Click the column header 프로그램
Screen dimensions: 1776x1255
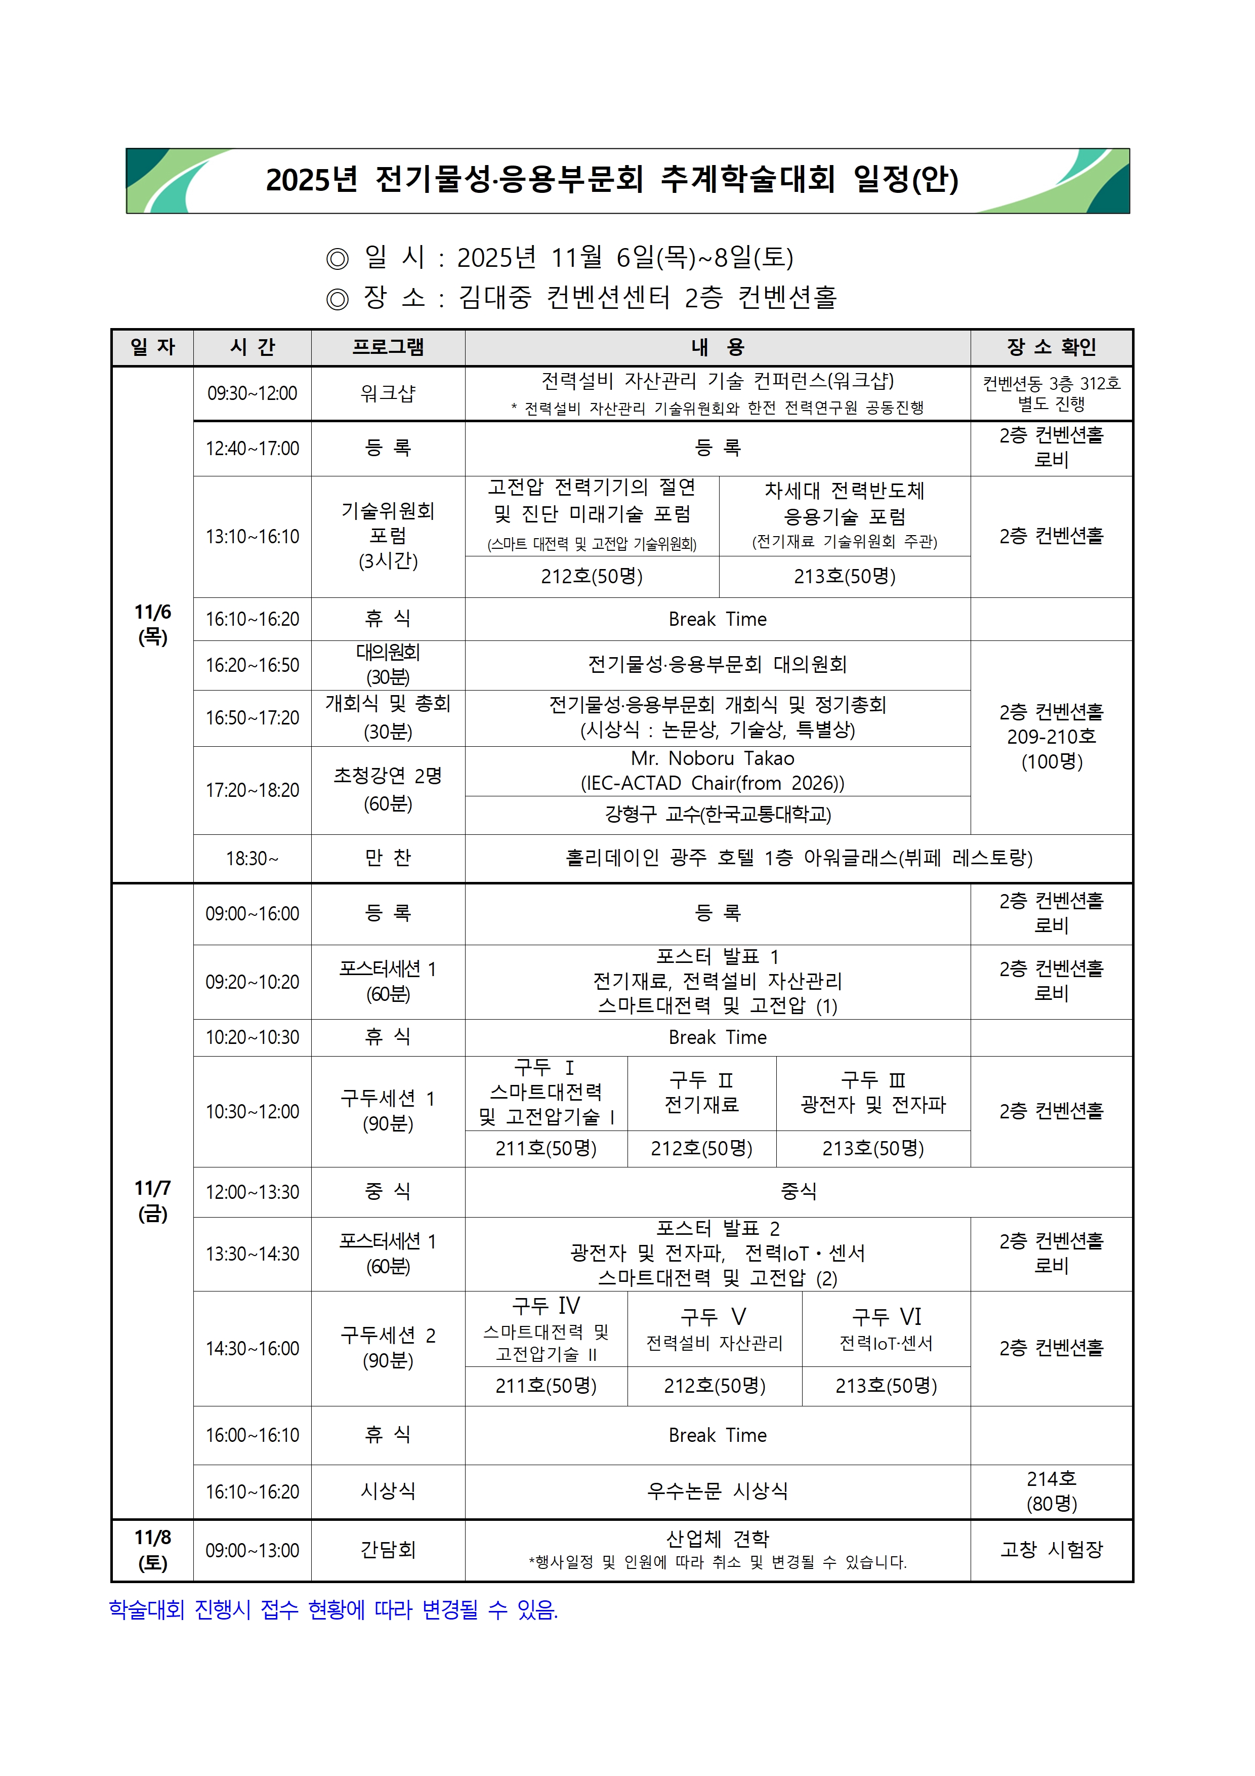[388, 347]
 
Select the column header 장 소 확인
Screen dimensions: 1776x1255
[1051, 347]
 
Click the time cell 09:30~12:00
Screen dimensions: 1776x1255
[252, 394]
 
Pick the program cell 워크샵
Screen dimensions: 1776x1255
[388, 394]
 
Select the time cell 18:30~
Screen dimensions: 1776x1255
[252, 859]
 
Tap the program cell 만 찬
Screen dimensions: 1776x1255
[388, 858]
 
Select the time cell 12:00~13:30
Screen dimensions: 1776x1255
[252, 1192]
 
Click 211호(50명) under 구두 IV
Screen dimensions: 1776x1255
[546, 1385]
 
